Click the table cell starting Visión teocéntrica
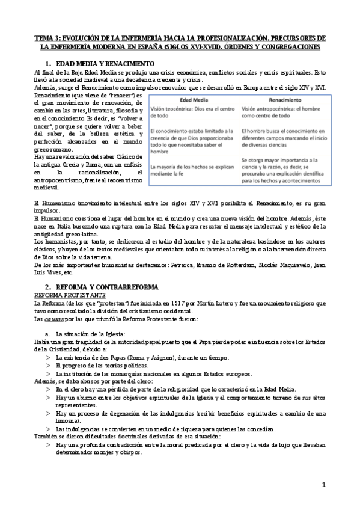[x=192, y=113]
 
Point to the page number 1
[x=323, y=485]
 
